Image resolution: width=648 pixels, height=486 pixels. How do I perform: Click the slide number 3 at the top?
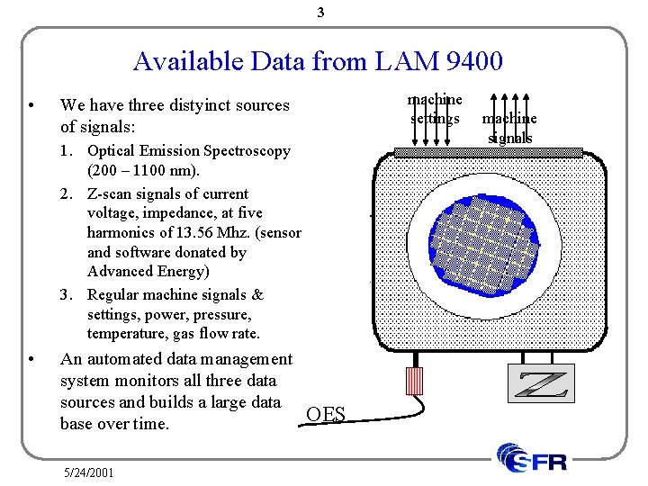tap(322, 13)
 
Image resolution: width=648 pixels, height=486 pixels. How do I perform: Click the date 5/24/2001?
tap(89, 471)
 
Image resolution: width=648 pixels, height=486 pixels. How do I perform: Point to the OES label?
tap(325, 415)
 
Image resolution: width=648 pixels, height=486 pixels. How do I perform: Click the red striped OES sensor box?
tap(414, 381)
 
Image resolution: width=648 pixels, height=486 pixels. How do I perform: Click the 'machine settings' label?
tap(435, 109)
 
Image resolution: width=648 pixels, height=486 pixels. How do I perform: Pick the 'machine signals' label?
tap(509, 128)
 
